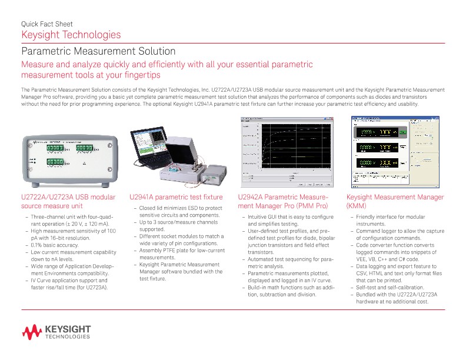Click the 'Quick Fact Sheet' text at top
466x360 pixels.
[x=46, y=24]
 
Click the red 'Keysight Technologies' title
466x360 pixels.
[x=71, y=35]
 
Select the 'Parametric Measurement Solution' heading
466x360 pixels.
[x=98, y=52]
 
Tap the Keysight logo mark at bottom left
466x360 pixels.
[x=31, y=333]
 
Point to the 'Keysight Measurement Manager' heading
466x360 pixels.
[x=395, y=198]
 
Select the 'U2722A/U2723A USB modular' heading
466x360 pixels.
[x=68, y=198]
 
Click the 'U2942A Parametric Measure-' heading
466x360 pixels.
[x=282, y=198]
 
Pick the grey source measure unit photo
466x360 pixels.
[x=67, y=157]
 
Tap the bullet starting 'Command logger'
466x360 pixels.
[x=400, y=234]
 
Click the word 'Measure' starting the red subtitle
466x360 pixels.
[x=38, y=65]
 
